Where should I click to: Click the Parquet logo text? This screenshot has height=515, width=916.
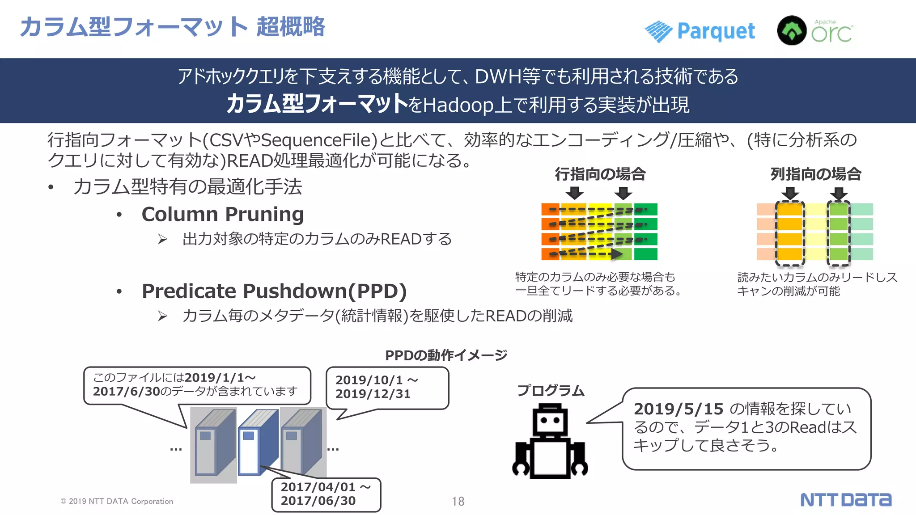click(x=716, y=31)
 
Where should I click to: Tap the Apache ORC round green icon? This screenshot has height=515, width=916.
click(x=792, y=30)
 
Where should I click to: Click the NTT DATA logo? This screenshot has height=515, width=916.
click(x=845, y=500)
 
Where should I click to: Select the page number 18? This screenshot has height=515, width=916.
click(x=458, y=502)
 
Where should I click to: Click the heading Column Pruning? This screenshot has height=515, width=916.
click(x=223, y=215)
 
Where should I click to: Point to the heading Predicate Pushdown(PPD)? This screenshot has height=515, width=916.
click(x=274, y=291)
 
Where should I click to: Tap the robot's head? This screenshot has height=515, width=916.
click(x=550, y=420)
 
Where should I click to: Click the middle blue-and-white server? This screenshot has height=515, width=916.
click(x=257, y=443)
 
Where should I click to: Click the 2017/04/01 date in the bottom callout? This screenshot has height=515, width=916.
click(x=318, y=487)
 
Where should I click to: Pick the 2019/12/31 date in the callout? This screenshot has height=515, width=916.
click(x=373, y=394)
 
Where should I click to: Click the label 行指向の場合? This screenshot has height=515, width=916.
click(x=600, y=174)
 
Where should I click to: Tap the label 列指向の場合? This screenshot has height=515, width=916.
click(x=816, y=174)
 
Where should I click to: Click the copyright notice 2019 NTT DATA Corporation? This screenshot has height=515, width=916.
click(x=117, y=502)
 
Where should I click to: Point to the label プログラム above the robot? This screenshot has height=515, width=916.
click(x=551, y=390)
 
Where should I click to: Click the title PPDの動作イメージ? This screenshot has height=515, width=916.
click(x=446, y=355)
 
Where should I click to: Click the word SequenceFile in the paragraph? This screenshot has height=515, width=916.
click(x=316, y=140)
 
